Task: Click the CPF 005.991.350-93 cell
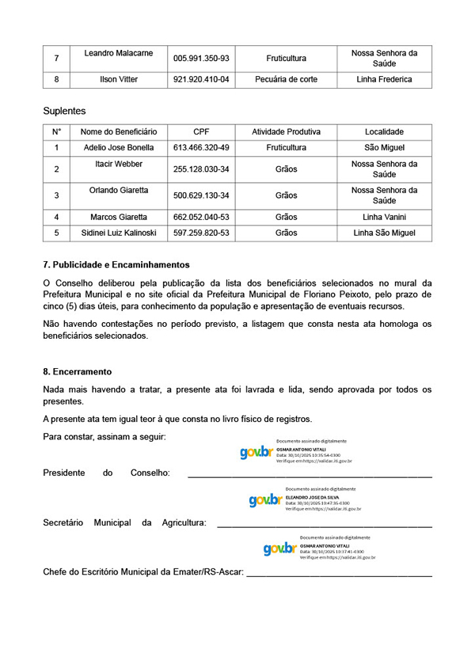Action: (x=201, y=59)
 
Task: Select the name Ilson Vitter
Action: (x=119, y=79)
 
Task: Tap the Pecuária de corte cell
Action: (x=286, y=79)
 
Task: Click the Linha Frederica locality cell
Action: (x=384, y=79)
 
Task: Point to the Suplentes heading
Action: (x=64, y=111)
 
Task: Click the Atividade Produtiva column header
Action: (x=286, y=131)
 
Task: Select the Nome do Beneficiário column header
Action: (x=119, y=131)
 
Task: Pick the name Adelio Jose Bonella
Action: (x=119, y=147)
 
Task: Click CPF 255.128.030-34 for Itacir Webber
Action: (x=201, y=169)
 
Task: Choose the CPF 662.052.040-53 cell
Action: (x=201, y=217)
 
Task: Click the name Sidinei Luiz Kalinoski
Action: (x=119, y=233)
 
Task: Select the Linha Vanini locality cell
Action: (x=384, y=217)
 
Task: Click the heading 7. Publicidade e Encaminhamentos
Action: (x=116, y=264)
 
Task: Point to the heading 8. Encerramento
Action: (x=77, y=371)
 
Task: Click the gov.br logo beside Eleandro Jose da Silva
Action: (x=265, y=499)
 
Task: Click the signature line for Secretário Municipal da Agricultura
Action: (x=324, y=526)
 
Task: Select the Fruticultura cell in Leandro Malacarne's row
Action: (x=286, y=59)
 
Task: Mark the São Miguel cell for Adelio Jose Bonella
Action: (x=384, y=147)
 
